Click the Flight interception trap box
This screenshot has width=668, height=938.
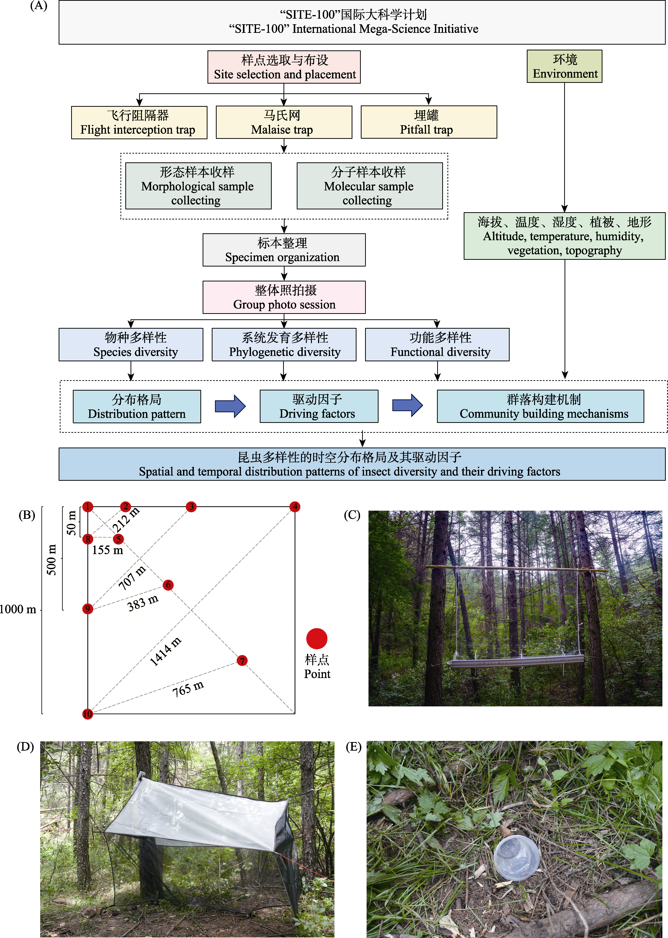139,122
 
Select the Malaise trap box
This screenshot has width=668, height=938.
284,122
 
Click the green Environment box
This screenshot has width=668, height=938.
564,67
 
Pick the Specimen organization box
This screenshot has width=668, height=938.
284,250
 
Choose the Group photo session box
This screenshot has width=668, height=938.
284,297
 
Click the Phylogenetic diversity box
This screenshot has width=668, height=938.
284,345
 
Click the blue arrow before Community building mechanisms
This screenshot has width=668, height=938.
407,405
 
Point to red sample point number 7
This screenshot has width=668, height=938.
242,660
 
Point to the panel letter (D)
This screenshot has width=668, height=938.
25,747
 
